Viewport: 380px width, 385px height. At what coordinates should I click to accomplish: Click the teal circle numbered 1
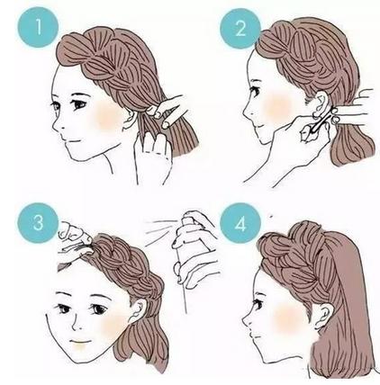coord(38,27)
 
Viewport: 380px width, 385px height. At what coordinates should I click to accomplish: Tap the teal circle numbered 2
coord(240,29)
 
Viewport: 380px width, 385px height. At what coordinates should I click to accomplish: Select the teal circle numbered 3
coord(38,223)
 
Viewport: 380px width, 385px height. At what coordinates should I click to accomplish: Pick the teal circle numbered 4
coord(240,223)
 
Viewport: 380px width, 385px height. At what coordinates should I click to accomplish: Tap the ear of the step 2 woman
coord(320,104)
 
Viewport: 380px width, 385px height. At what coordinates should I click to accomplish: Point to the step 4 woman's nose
coord(247,320)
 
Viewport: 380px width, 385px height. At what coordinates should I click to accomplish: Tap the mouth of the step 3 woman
coord(82,342)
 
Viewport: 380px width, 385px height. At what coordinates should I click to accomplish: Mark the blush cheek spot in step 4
coord(287,318)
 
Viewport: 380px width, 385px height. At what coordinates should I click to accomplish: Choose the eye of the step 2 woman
coord(255,91)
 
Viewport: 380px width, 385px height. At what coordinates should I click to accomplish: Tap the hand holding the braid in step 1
coord(168,111)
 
